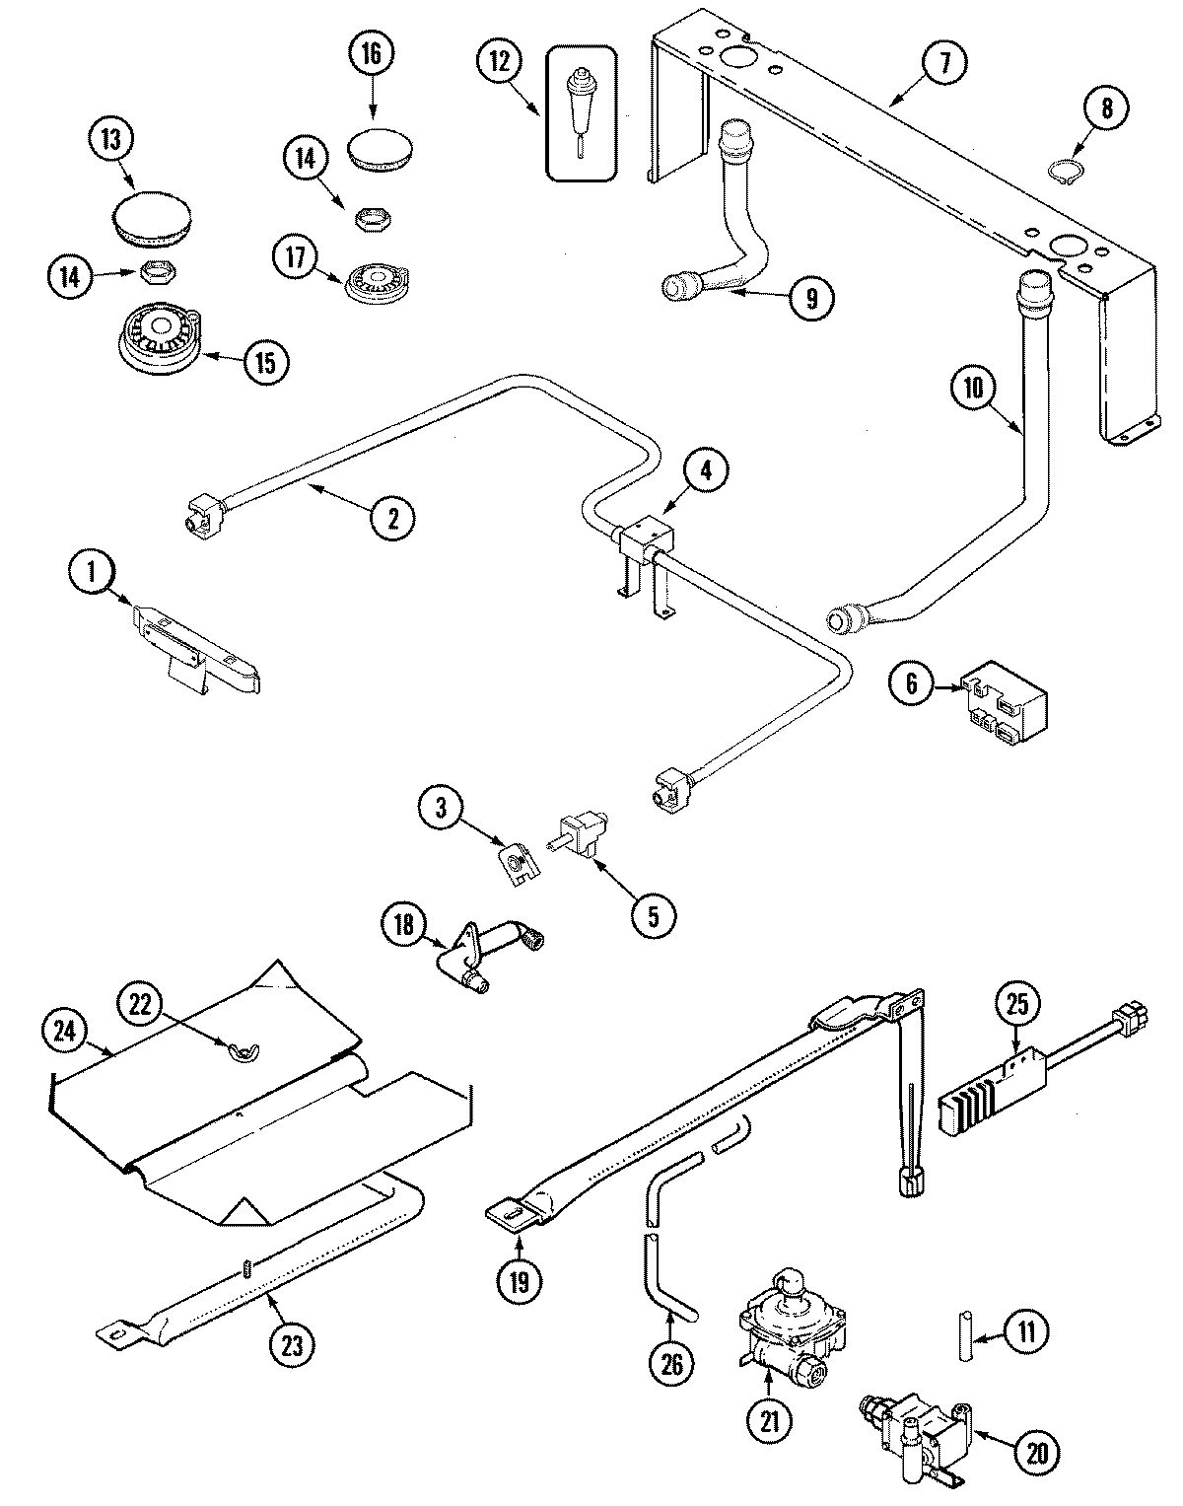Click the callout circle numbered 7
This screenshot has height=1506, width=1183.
[x=943, y=63]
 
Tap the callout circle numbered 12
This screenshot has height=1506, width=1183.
[x=500, y=63]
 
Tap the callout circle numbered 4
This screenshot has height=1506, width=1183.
[x=705, y=469]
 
